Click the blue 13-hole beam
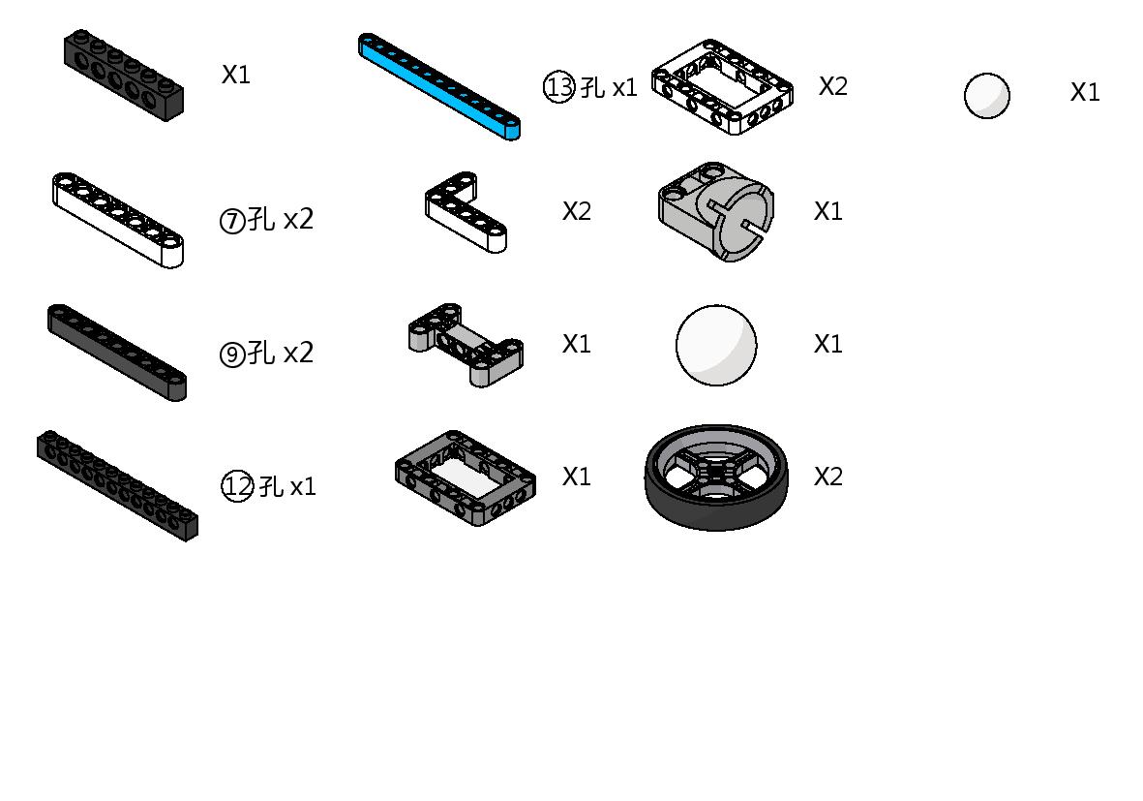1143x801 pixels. click(438, 86)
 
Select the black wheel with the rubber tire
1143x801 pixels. click(716, 478)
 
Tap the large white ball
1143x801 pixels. click(716, 345)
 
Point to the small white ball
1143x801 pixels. click(987, 95)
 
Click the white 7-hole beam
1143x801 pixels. click(117, 220)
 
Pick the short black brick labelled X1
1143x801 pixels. click(123, 76)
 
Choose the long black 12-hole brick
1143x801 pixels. click(117, 485)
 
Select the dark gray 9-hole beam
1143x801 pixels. click(117, 353)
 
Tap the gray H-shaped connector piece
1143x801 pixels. click(466, 345)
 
